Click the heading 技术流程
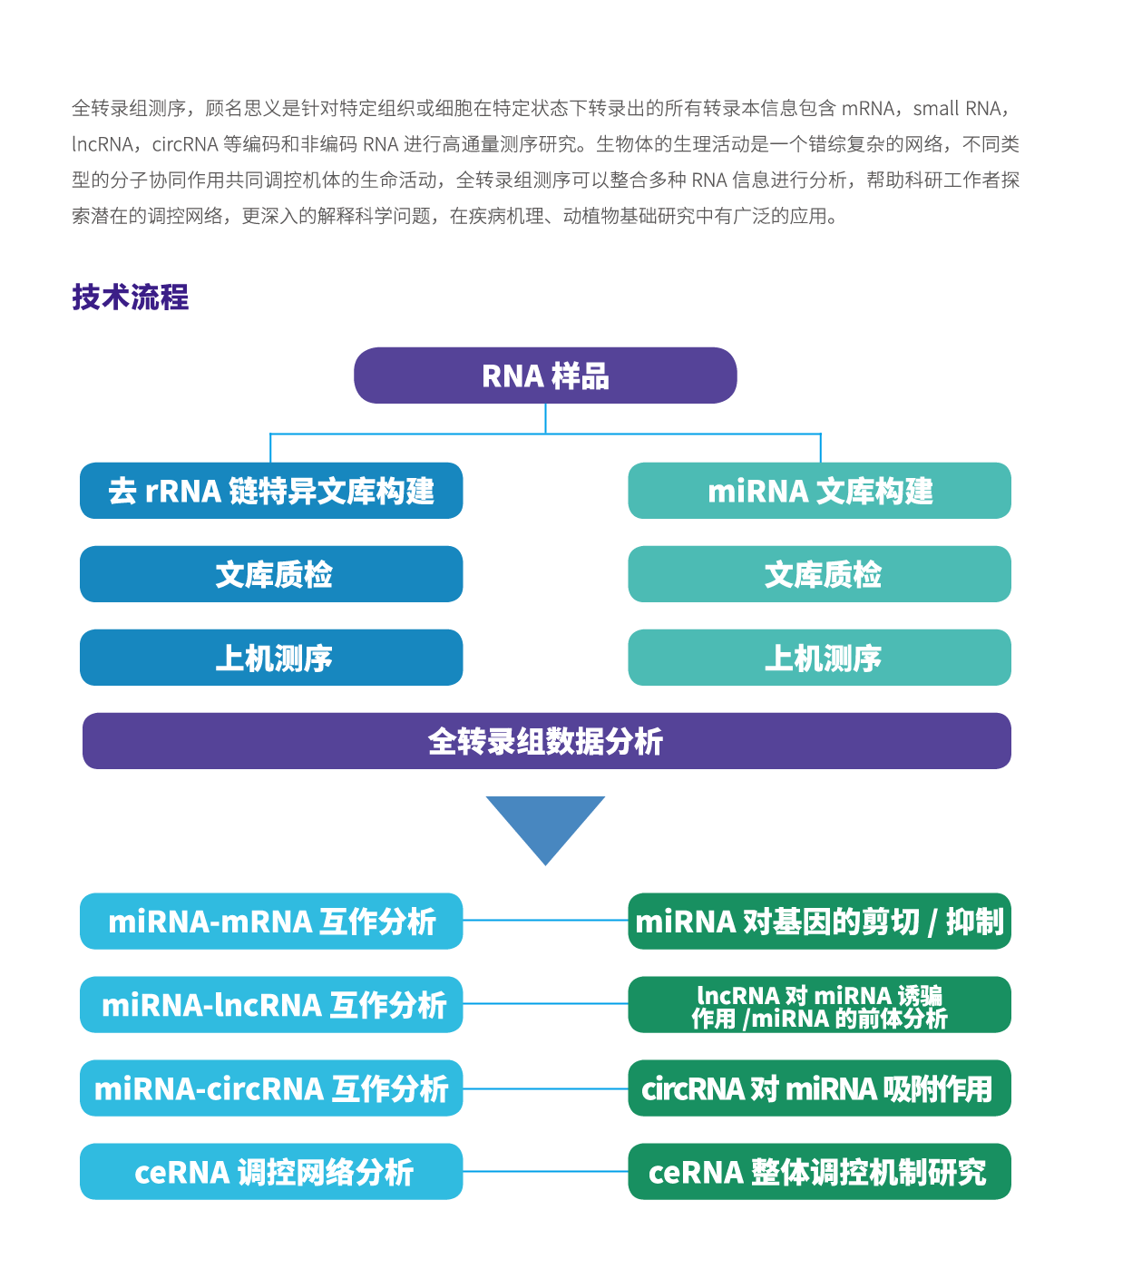[x=130, y=298]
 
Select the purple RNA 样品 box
[x=545, y=375]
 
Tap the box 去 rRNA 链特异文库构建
[x=271, y=491]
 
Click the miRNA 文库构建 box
[x=819, y=491]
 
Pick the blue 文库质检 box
[x=271, y=574]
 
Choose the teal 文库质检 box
[x=819, y=574]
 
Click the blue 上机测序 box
[x=271, y=658]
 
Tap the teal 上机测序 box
[x=819, y=658]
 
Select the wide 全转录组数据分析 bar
[x=546, y=741]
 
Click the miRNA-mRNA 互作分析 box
[x=271, y=922]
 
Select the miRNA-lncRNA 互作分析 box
[x=271, y=1005]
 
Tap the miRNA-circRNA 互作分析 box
[x=271, y=1088]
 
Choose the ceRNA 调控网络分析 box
[x=271, y=1172]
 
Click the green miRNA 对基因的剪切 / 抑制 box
[x=819, y=922]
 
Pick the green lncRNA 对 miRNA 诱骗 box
[x=819, y=1005]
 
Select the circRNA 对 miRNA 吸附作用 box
[x=819, y=1088]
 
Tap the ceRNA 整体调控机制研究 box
[x=819, y=1172]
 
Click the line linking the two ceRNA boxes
[x=545, y=1171]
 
